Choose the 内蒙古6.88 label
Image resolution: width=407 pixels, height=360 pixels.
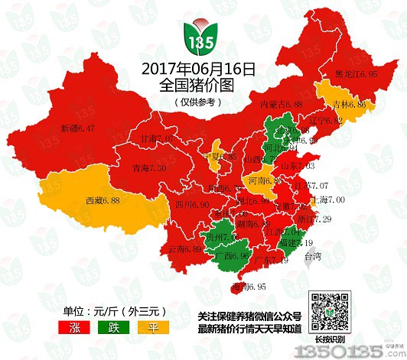[x=282, y=103]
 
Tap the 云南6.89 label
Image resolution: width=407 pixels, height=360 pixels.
[x=184, y=249]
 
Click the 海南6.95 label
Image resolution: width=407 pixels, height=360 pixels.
[x=246, y=287]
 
